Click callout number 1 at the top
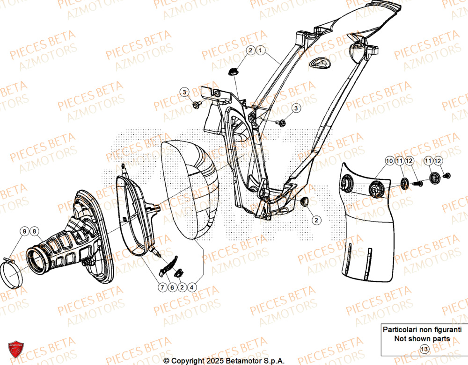(x=261, y=50)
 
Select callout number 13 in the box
(x=424, y=349)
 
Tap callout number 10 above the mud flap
(x=389, y=161)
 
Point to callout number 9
(x=23, y=230)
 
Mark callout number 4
(x=192, y=288)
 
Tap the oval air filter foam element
(x=192, y=192)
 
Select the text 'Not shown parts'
(x=422, y=338)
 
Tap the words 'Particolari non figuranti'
(x=422, y=329)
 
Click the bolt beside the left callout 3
(x=197, y=106)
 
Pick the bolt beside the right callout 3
(x=282, y=123)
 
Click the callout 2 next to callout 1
(x=250, y=50)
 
